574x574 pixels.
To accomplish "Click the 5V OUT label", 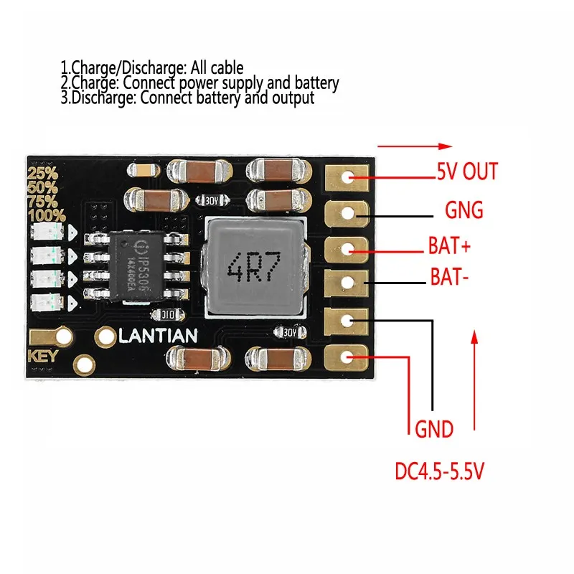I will pyautogui.click(x=466, y=172).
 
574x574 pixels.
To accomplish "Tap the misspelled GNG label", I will pyautogui.click(x=464, y=211).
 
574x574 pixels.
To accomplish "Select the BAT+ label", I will pyautogui.click(x=448, y=248).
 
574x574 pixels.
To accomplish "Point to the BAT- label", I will pyautogui.click(x=450, y=276).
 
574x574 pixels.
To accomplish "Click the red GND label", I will pyautogui.click(x=434, y=430).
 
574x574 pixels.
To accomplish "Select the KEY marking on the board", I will pyautogui.click(x=42, y=357).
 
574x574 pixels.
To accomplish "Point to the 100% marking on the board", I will pyautogui.click(x=47, y=215).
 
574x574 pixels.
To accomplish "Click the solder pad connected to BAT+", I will pyautogui.click(x=348, y=249).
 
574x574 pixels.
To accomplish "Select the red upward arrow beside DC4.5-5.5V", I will pyautogui.click(x=474, y=380).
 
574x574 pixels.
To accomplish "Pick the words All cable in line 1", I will pyautogui.click(x=216, y=68).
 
